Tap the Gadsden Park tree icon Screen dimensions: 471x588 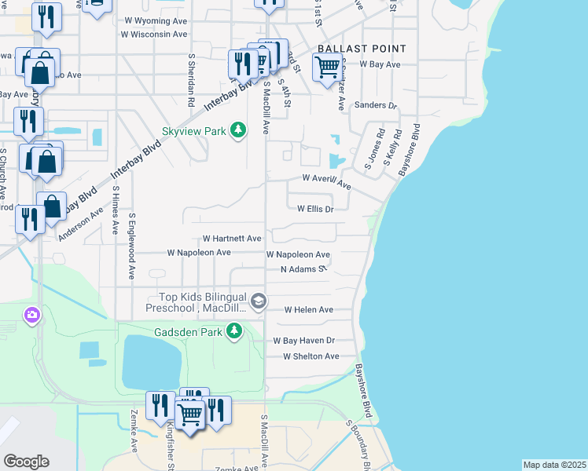[233, 332]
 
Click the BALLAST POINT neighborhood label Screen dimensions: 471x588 [362, 49]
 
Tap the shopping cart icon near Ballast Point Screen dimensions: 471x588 [326, 68]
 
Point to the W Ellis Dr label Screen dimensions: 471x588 [315, 209]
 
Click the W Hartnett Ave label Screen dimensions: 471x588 [232, 238]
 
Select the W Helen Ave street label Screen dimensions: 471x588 [309, 310]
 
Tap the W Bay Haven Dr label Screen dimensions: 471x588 [304, 341]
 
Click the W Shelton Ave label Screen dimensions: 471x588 [311, 356]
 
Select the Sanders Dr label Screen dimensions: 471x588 [376, 105]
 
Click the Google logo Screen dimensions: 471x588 [26, 462]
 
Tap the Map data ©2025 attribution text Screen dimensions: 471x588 [554, 465]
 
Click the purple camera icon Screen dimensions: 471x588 [32, 316]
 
